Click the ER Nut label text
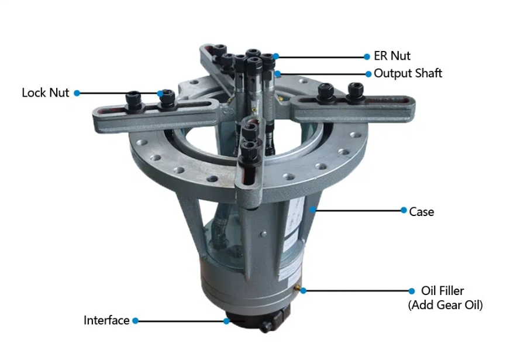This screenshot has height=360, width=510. (x=392, y=56)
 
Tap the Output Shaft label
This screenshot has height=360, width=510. (x=408, y=73)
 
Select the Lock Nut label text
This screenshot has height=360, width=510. (x=46, y=92)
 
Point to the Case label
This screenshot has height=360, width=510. (x=422, y=212)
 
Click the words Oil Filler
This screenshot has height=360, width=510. (x=442, y=290)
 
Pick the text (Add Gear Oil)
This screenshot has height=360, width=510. (x=445, y=305)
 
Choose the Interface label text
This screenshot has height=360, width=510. (x=106, y=320)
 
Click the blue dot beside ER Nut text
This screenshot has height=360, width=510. (x=367, y=57)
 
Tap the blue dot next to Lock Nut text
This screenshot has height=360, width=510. (x=77, y=93)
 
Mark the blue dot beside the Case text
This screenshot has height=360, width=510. (x=404, y=210)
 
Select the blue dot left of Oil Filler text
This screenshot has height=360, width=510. (x=411, y=291)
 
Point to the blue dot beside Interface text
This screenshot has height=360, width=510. (x=135, y=321)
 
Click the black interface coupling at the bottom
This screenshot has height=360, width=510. (x=257, y=321)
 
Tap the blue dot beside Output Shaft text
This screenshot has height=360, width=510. (x=368, y=74)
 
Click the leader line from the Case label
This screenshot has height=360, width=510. (x=358, y=211)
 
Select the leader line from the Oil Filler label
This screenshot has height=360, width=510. (x=357, y=291)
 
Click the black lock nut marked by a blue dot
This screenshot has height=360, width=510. (x=167, y=99)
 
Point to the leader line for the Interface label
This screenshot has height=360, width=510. (x=181, y=321)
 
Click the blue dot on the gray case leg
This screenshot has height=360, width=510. (x=312, y=210)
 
